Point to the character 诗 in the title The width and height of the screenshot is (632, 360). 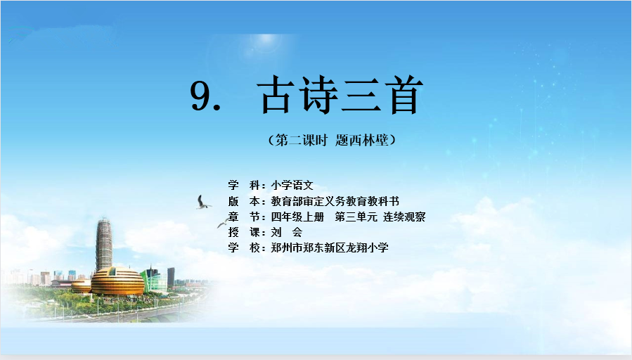[318, 95]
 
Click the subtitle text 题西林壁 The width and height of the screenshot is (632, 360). [361, 140]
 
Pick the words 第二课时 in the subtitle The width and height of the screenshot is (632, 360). [301, 140]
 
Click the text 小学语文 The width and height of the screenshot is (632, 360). [292, 186]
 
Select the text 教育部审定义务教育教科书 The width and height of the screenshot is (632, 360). [335, 201]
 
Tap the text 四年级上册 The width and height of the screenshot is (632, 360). [297, 217]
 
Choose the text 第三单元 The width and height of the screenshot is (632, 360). [356, 217]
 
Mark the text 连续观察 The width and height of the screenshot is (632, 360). [404, 217]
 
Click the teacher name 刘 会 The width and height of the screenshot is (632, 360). [287, 232]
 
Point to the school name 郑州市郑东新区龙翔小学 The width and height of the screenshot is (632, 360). [330, 247]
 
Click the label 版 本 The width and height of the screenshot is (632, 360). [244, 201]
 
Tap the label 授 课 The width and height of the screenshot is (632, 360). [244, 232]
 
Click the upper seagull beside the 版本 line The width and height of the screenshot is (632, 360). [203, 202]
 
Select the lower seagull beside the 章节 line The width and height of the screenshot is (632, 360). [224, 222]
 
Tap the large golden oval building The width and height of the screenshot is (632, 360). [117, 281]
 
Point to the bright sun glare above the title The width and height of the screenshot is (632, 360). [266, 41]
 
